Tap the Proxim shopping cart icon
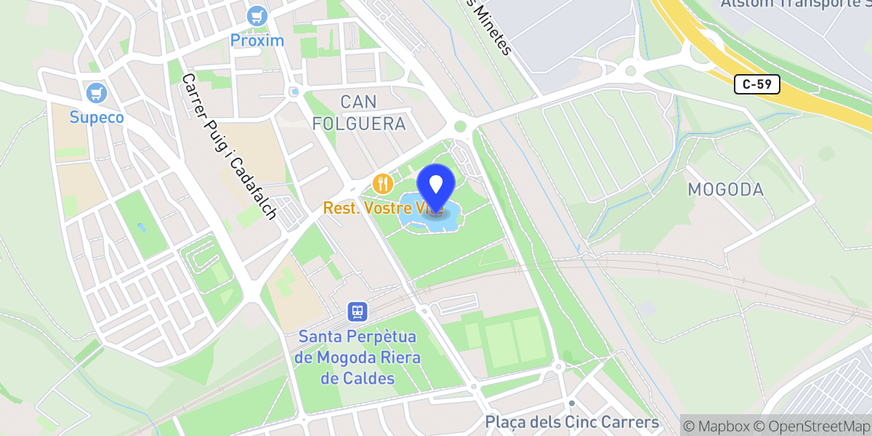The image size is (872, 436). (x=257, y=15)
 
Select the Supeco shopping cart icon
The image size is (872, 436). (x=96, y=93)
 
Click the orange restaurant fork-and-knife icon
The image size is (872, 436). (x=382, y=184)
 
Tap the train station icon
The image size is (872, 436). (x=357, y=312)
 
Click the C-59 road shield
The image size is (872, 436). (x=756, y=84)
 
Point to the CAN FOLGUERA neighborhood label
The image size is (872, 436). (x=359, y=112)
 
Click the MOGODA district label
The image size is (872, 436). (x=725, y=190)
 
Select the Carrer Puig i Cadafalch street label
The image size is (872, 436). (x=229, y=146)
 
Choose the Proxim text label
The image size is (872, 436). (x=257, y=40)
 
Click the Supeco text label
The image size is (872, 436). (x=97, y=117)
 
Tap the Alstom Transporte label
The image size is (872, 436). (x=795, y=4)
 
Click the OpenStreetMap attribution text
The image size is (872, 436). (x=812, y=425)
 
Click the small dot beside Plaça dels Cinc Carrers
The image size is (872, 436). (x=572, y=403)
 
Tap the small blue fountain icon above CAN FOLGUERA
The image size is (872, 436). (x=294, y=92)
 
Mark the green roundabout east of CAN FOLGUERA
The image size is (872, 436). (x=460, y=126)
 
